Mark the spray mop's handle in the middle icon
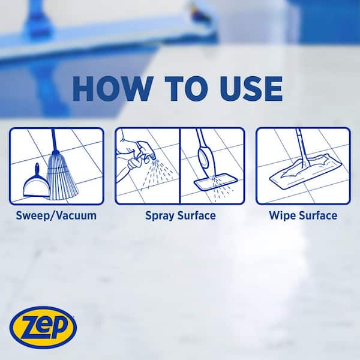(202, 150)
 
